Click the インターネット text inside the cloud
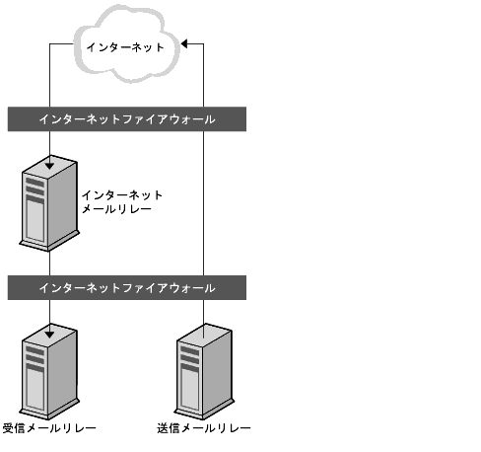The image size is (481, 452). pyautogui.click(x=126, y=46)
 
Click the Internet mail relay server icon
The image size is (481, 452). pyautogui.click(x=47, y=205)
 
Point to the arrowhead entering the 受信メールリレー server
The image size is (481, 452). pyautogui.click(x=49, y=324)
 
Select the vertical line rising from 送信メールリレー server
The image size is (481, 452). pyautogui.click(x=204, y=197)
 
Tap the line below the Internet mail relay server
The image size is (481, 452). pyautogui.click(x=49, y=262)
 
